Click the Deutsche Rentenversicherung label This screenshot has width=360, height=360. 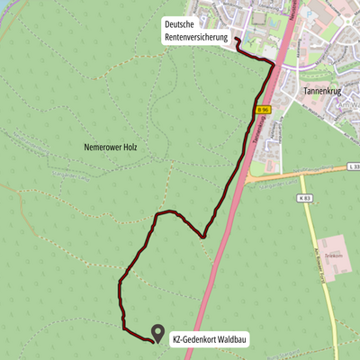196,31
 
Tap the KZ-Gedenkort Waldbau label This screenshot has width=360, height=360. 210,339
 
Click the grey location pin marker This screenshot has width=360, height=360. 158,333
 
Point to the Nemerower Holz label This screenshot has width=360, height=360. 111,146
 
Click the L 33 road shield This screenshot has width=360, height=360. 352,166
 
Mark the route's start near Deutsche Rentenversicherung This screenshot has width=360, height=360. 237,40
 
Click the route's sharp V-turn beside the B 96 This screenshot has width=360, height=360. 203,237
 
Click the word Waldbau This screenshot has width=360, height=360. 232,339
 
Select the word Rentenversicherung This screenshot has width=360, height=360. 196,37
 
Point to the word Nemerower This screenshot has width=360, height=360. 102,146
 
